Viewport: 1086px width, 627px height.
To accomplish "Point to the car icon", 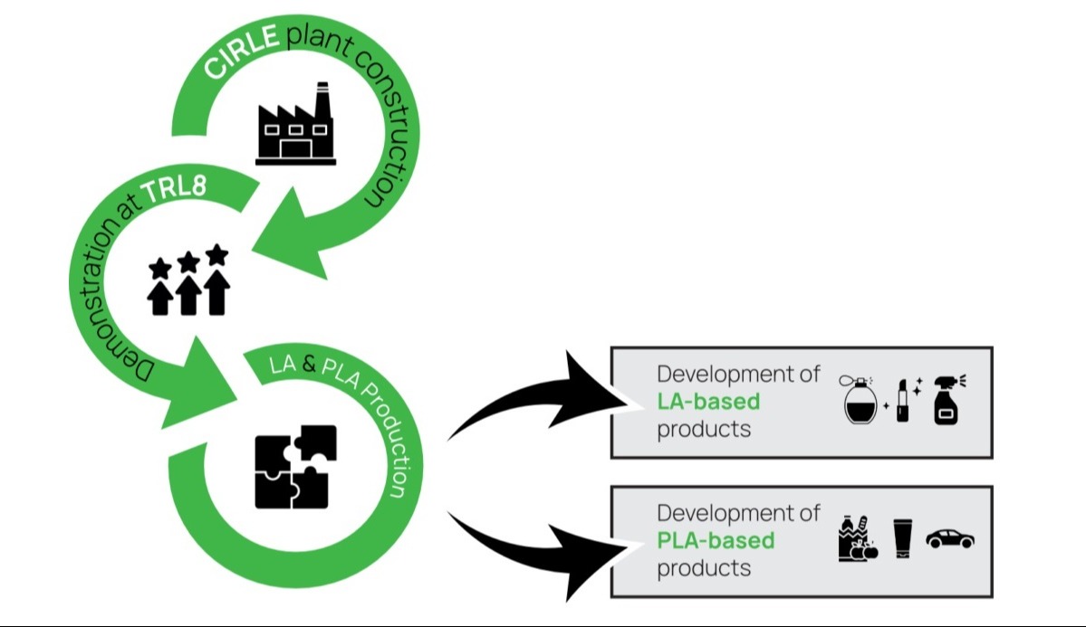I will [x=949, y=539].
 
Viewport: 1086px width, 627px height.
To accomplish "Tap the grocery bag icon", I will [x=856, y=539].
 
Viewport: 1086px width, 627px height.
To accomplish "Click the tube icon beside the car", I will [x=901, y=539].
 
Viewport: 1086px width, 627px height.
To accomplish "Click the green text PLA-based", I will [x=716, y=541].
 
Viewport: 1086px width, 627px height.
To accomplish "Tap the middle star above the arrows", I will [x=188, y=262].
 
